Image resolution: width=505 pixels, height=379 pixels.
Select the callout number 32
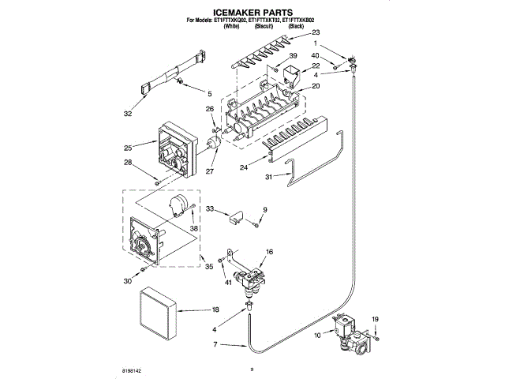tap(129, 113)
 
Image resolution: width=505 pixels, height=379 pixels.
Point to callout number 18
tap(215, 310)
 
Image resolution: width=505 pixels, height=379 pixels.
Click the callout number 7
tap(215, 344)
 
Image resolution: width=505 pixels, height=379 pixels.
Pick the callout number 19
tap(375, 318)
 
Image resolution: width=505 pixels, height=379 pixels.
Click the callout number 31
tap(268, 177)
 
